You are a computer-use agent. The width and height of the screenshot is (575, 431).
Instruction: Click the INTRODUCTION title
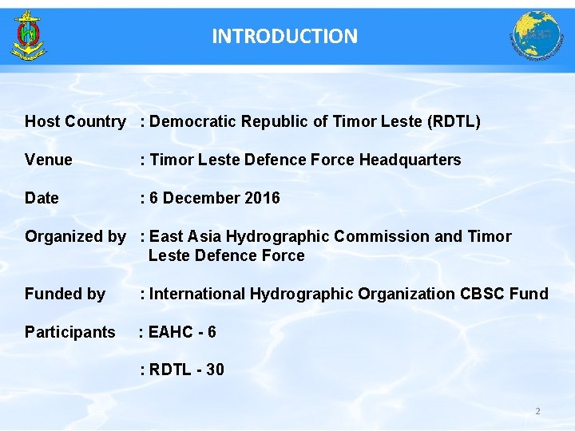(285, 36)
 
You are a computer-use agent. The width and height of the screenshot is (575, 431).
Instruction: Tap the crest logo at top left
(29, 36)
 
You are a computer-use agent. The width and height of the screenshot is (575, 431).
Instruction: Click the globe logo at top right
(536, 36)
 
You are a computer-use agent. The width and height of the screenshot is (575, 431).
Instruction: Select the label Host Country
(75, 121)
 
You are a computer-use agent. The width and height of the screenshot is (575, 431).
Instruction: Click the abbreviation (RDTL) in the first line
(454, 121)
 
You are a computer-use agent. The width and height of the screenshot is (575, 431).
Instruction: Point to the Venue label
(49, 160)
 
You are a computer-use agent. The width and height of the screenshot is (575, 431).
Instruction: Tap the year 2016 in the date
(263, 198)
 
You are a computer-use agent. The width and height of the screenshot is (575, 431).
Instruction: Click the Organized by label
(75, 236)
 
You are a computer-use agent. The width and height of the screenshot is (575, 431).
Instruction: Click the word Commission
(378, 236)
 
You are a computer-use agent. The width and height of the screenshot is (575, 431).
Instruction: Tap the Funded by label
(65, 294)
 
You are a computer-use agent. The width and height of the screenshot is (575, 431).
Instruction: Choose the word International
(198, 294)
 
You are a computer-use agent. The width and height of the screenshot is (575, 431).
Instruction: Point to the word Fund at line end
(529, 294)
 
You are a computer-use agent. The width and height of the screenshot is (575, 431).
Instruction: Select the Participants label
(70, 332)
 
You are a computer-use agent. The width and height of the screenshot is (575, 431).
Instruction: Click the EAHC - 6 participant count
(182, 332)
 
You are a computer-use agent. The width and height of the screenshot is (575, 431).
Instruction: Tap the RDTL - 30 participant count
(186, 370)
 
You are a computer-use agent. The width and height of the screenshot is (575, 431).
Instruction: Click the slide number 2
(537, 411)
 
